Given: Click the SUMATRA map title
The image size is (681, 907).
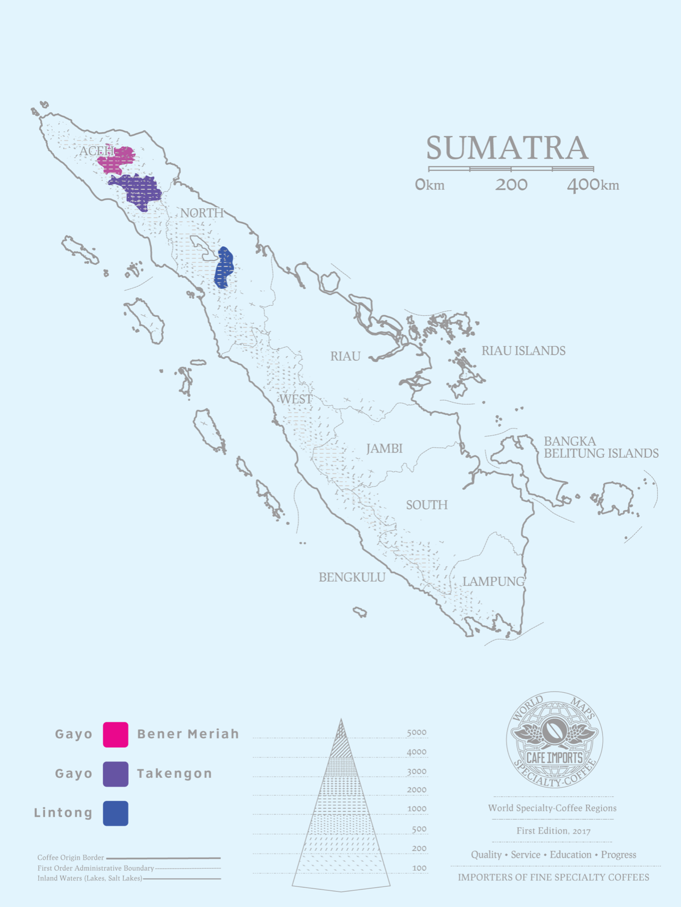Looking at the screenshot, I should (507, 148).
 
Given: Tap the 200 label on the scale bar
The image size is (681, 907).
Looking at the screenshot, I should (511, 185).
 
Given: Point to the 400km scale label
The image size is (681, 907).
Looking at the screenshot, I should (593, 185).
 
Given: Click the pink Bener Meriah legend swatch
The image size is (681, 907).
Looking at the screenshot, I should (115, 735).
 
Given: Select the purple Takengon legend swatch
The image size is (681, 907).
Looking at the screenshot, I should (115, 774).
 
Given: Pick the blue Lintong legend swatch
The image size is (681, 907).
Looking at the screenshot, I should (115, 813).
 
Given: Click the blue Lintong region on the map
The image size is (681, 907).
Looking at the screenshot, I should (224, 267).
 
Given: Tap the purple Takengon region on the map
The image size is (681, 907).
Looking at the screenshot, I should (137, 190).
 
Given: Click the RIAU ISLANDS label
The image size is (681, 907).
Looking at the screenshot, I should (524, 351).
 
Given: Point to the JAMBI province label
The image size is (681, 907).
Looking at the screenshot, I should (384, 449).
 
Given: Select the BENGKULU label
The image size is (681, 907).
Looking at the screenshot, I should (352, 577).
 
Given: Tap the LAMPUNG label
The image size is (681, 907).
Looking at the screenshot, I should (493, 582).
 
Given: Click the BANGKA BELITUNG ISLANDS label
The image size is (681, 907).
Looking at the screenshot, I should (601, 448).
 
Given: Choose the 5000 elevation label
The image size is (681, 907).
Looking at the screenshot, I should (417, 733).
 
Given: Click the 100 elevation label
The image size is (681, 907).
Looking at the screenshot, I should (419, 868).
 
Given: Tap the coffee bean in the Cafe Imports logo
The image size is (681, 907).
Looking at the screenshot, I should (554, 731).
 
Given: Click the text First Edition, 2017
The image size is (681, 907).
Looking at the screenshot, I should (553, 831).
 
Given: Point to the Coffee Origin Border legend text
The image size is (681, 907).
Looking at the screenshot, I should (71, 858).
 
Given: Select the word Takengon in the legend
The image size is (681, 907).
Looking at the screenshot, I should (175, 774).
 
